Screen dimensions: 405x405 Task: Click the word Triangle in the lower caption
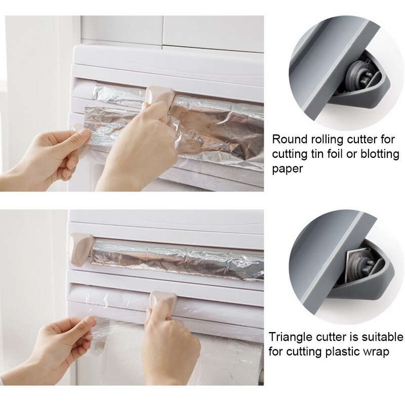click(289, 337)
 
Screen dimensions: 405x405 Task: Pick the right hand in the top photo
click(134, 147)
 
